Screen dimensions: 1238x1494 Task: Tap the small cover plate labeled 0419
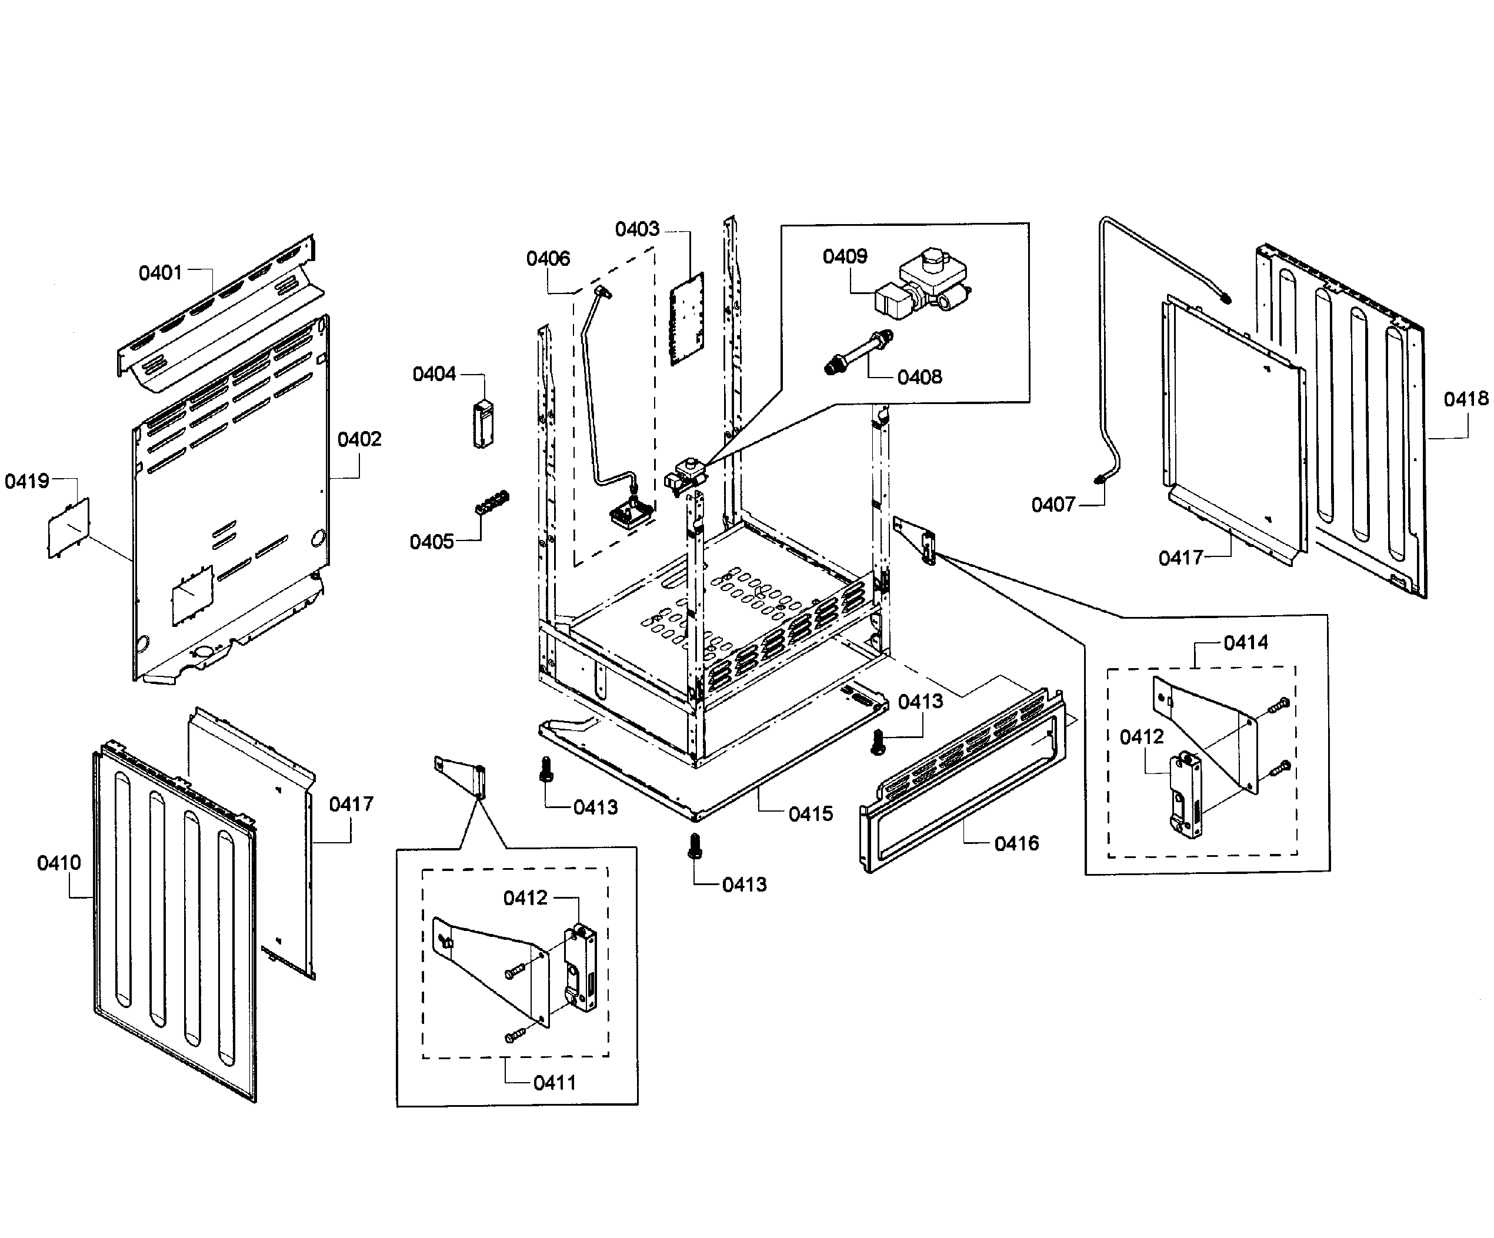[69, 527]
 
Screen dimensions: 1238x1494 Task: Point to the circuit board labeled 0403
[686, 319]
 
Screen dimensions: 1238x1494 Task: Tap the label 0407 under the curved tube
[1053, 505]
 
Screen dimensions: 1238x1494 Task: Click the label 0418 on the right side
[1466, 400]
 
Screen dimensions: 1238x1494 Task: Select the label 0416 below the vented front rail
[1016, 844]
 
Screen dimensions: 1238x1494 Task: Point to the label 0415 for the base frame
[811, 814]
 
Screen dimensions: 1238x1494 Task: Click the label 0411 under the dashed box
[554, 1083]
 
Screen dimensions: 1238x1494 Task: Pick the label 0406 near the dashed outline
[548, 259]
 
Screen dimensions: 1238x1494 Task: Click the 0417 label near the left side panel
[351, 805]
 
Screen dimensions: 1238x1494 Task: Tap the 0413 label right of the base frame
[920, 702]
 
